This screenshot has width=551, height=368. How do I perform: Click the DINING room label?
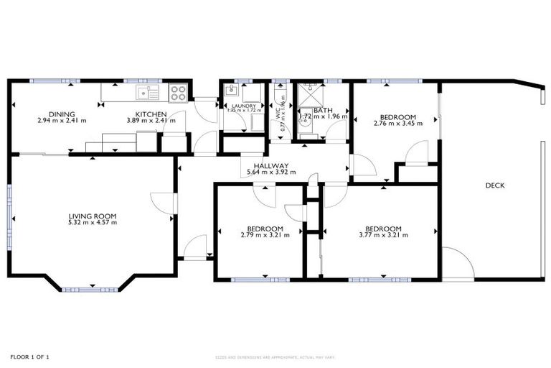point(62,114)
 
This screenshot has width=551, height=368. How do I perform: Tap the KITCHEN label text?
point(151,114)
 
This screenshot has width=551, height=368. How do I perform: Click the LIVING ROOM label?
point(93,216)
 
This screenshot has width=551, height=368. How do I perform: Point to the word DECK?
point(495,185)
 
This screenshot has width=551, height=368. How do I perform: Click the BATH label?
point(323,109)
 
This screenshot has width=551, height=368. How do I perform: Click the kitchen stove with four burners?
point(178,92)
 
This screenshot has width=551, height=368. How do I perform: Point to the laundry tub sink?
point(231,91)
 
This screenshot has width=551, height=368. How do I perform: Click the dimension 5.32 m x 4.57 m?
point(93,223)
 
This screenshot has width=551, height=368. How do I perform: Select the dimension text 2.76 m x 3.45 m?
point(398,124)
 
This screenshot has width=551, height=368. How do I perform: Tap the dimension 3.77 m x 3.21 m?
point(383,235)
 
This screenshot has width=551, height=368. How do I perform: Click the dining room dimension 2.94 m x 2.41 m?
point(62,121)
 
